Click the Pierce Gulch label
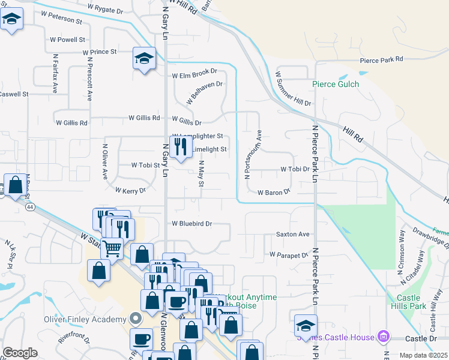336,84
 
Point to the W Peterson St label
59,20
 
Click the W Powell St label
67,39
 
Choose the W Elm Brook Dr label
194,76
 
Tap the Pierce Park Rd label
381,59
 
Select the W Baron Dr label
274,193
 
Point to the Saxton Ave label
292,234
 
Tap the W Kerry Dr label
130,190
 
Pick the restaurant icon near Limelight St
179,145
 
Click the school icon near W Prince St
143,58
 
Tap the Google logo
20,353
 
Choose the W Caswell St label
13,94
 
